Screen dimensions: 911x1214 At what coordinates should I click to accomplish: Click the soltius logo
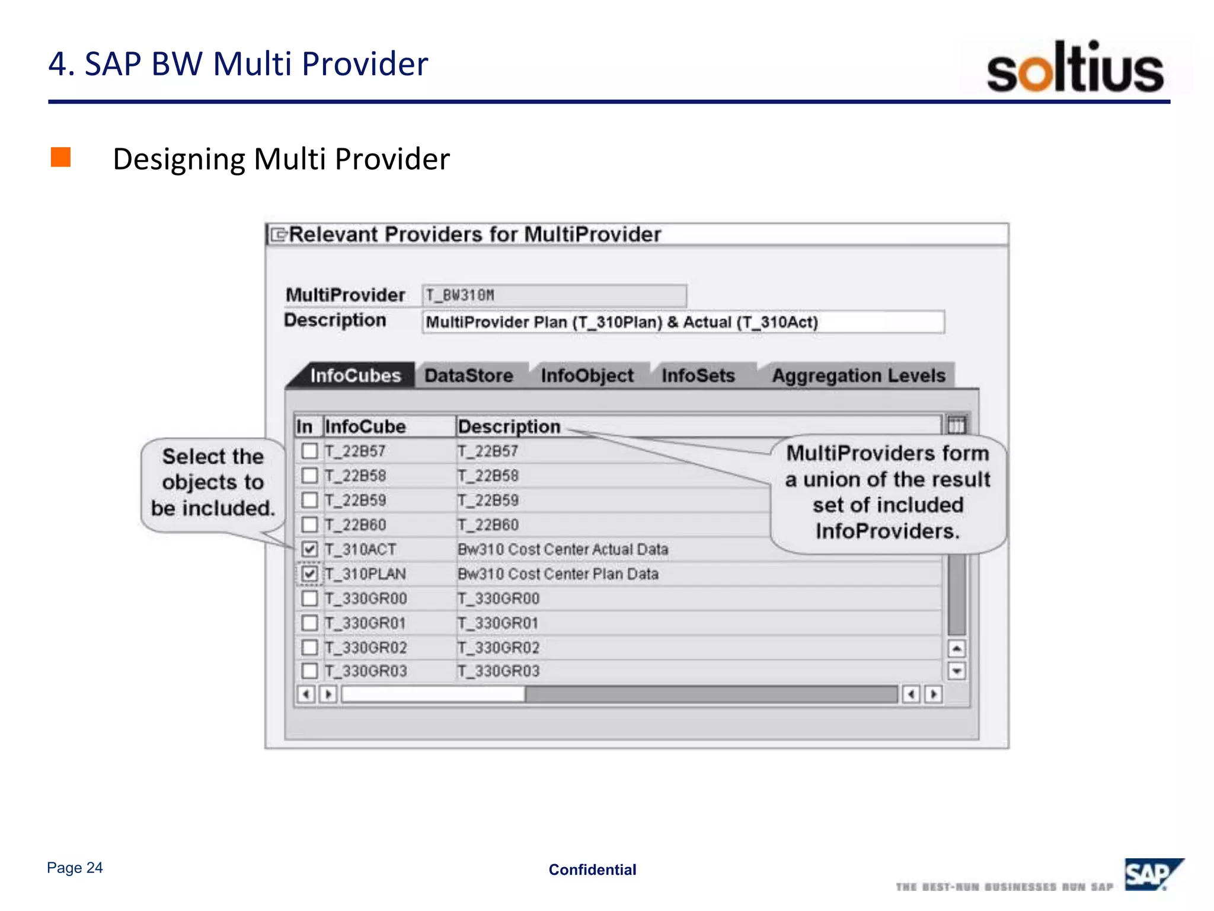pyautogui.click(x=1075, y=67)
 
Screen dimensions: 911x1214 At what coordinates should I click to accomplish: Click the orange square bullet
pyautogui.click(x=60, y=158)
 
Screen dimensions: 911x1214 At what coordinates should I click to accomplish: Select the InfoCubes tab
pyautogui.click(x=355, y=376)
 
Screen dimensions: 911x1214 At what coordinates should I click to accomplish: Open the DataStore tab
pyautogui.click(x=469, y=376)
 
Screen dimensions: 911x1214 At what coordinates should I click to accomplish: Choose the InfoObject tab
pyautogui.click(x=587, y=376)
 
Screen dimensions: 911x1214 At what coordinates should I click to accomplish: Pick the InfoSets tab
pyautogui.click(x=698, y=376)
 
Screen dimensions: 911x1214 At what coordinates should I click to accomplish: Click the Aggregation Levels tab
pyautogui.click(x=858, y=376)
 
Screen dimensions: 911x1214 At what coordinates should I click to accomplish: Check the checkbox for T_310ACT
pyautogui.click(x=309, y=549)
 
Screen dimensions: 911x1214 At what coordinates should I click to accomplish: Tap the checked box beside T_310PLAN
pyautogui.click(x=309, y=574)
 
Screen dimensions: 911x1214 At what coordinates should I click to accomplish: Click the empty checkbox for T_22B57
pyautogui.click(x=309, y=451)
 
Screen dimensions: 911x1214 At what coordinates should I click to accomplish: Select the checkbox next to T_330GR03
pyautogui.click(x=309, y=671)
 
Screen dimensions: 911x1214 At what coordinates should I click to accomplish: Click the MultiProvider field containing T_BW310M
pyautogui.click(x=554, y=295)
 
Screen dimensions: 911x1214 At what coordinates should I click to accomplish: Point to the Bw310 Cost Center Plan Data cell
pyautogui.click(x=558, y=574)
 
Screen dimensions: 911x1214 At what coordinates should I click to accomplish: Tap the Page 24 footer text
pyautogui.click(x=75, y=868)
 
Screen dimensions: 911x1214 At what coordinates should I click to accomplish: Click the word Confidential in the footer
pyautogui.click(x=592, y=870)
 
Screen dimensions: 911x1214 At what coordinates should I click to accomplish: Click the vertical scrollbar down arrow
pyautogui.click(x=957, y=671)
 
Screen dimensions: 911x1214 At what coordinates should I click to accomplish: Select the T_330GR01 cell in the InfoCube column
pyautogui.click(x=365, y=623)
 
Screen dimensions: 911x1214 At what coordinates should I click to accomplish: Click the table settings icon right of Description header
pyautogui.click(x=956, y=425)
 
